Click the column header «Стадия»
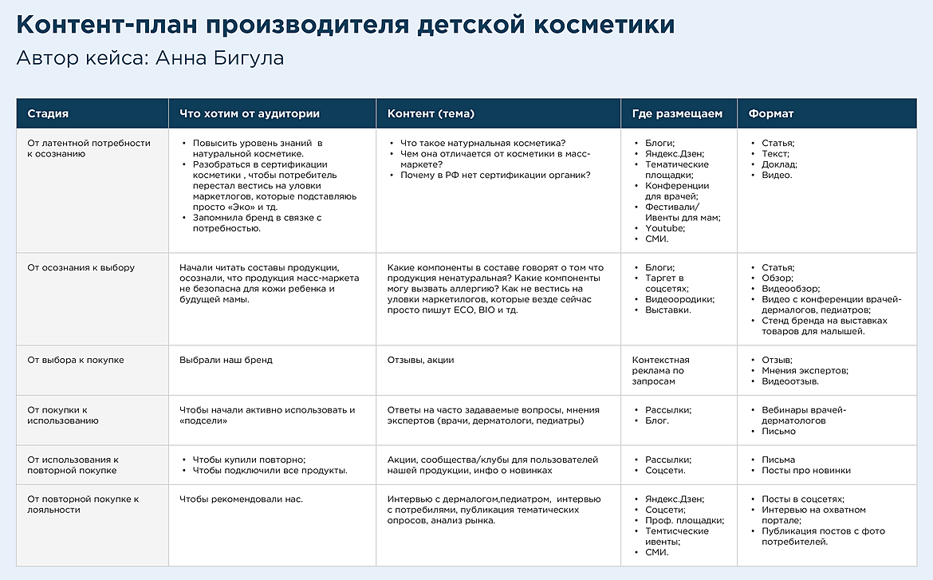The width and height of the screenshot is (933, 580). click(48, 114)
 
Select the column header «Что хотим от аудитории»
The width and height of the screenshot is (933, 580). click(250, 114)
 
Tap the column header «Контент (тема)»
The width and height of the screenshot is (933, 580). click(431, 114)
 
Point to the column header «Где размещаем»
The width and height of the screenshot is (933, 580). click(677, 114)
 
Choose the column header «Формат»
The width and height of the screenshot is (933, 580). click(770, 114)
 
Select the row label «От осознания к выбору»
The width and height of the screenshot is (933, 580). click(81, 268)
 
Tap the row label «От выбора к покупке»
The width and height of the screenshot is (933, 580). click(76, 360)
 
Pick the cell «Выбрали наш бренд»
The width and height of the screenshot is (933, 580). click(226, 360)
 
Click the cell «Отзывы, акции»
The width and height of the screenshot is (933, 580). click(420, 360)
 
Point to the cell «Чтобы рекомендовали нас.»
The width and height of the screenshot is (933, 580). click(241, 499)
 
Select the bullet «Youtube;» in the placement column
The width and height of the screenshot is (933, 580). click(665, 228)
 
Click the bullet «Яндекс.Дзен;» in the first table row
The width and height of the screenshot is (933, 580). click(675, 154)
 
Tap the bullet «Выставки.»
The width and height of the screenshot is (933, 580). click(667, 310)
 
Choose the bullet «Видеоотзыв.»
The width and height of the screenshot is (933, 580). click(790, 381)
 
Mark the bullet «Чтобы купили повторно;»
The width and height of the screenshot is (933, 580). click(249, 460)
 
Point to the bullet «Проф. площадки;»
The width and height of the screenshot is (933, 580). click(684, 520)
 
